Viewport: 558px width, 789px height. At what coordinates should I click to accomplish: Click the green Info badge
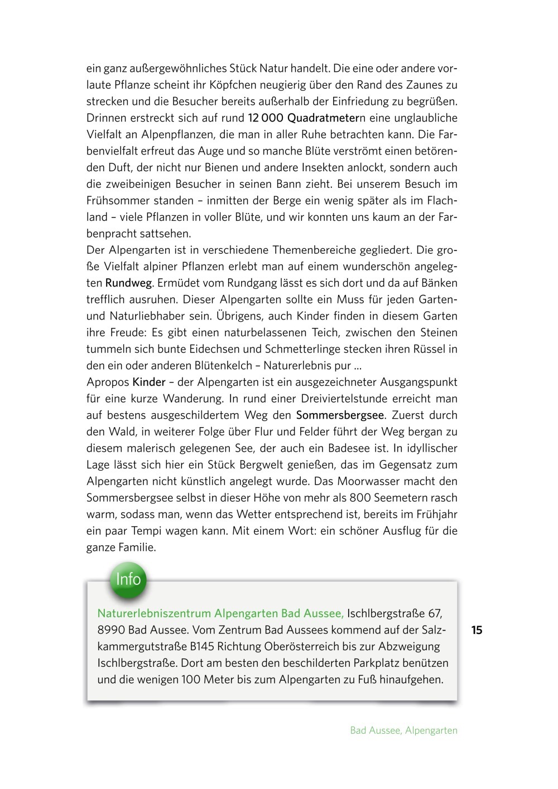click(x=128, y=579)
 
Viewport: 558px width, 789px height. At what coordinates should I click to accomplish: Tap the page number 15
click(x=477, y=630)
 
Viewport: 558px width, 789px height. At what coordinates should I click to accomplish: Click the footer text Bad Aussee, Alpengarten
click(x=403, y=730)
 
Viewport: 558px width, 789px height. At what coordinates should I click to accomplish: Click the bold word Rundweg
click(x=128, y=283)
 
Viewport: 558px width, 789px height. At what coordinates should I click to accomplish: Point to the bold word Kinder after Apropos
click(x=149, y=383)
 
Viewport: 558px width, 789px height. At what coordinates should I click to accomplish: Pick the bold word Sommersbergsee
click(x=340, y=415)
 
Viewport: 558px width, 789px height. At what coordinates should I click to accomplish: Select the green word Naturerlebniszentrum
click(x=154, y=614)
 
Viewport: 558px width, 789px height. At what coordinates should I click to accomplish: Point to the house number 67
click(x=435, y=614)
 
